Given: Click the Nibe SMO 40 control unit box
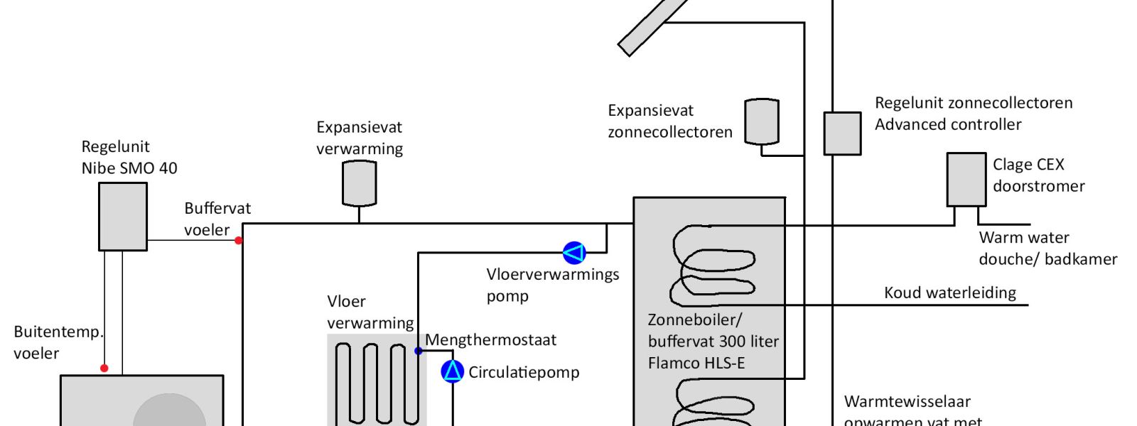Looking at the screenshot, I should coord(123,217).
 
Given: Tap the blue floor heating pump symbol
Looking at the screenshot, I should coord(574,253).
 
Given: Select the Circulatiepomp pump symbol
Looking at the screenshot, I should coord(453,371).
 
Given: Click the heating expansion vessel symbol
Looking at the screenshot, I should coord(359,183).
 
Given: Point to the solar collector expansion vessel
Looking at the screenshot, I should coord(762,121).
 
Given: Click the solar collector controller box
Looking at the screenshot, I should coord(842,133).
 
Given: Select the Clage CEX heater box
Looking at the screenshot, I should coord(966,180).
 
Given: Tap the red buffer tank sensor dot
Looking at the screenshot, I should coord(239,241).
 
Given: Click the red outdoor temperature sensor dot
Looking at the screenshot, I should coord(104,368).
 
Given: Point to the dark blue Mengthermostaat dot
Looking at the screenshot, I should coord(419,351).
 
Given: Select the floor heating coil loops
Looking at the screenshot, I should coord(377,382).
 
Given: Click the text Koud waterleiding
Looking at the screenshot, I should coord(950,293).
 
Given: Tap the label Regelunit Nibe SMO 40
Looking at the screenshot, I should coord(129,158).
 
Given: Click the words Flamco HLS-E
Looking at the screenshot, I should coord(696,363).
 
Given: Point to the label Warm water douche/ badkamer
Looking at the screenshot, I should coord(1047,248).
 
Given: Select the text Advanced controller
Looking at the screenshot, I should coord(948,124).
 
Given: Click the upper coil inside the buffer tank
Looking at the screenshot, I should coord(713,265).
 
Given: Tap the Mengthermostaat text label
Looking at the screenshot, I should coord(491,340).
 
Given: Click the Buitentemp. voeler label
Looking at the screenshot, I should coord(58,342).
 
